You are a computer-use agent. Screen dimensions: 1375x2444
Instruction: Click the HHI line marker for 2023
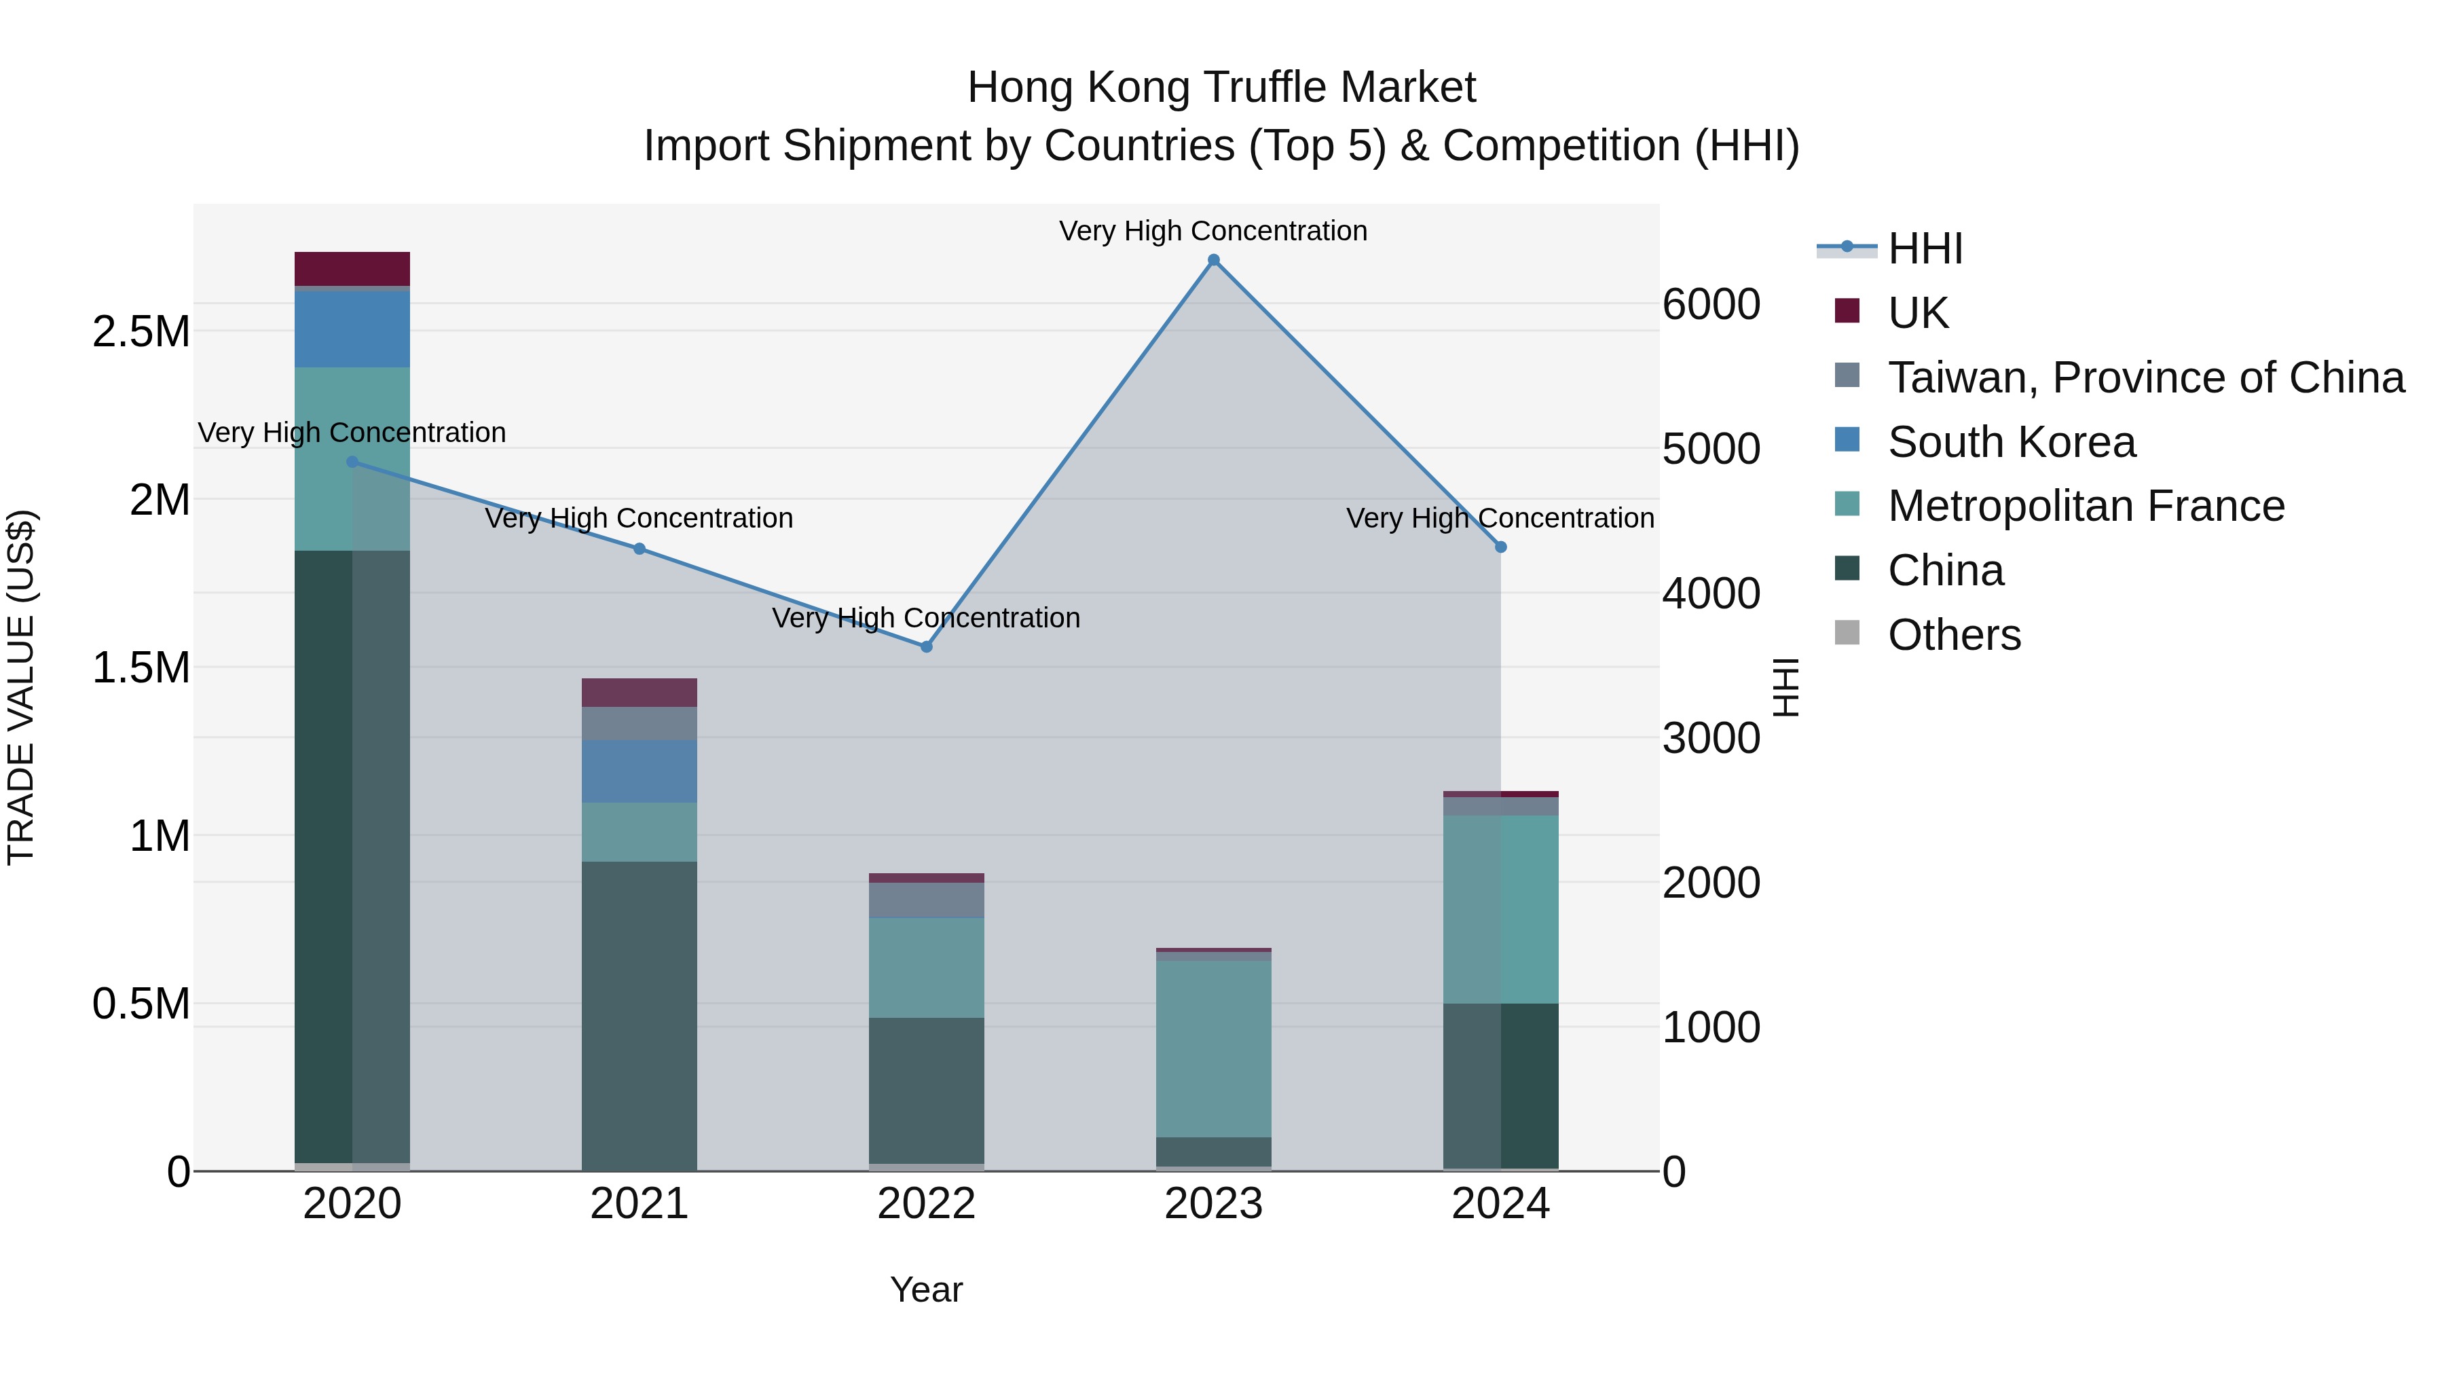point(1213,260)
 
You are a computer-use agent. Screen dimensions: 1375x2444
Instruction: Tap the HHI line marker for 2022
point(927,647)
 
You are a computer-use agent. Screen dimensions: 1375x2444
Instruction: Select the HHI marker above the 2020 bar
point(352,462)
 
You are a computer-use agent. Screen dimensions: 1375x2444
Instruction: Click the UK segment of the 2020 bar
point(352,268)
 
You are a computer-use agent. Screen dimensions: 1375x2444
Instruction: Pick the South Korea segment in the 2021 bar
point(639,771)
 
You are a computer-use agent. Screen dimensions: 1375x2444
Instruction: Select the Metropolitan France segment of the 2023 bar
point(1213,1048)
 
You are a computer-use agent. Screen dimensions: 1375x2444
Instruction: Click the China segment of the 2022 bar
point(926,1090)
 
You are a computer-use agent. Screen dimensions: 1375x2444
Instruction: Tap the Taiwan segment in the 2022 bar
point(926,900)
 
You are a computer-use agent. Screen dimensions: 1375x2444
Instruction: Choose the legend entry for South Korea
point(2012,442)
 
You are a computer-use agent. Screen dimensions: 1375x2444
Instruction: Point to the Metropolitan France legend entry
point(2086,506)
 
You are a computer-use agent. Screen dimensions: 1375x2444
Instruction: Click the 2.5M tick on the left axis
point(141,332)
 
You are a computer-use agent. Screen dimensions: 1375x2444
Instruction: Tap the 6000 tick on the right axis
point(1711,305)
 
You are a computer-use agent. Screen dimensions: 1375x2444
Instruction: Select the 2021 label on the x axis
point(639,1204)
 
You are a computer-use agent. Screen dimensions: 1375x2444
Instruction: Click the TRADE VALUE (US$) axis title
point(21,687)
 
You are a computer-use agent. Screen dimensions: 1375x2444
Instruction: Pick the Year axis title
point(926,1289)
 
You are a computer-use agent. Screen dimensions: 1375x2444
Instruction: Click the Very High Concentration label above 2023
point(1212,231)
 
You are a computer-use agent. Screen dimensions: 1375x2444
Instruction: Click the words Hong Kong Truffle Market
point(1221,88)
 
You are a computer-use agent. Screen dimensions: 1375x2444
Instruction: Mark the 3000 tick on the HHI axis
point(1711,738)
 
